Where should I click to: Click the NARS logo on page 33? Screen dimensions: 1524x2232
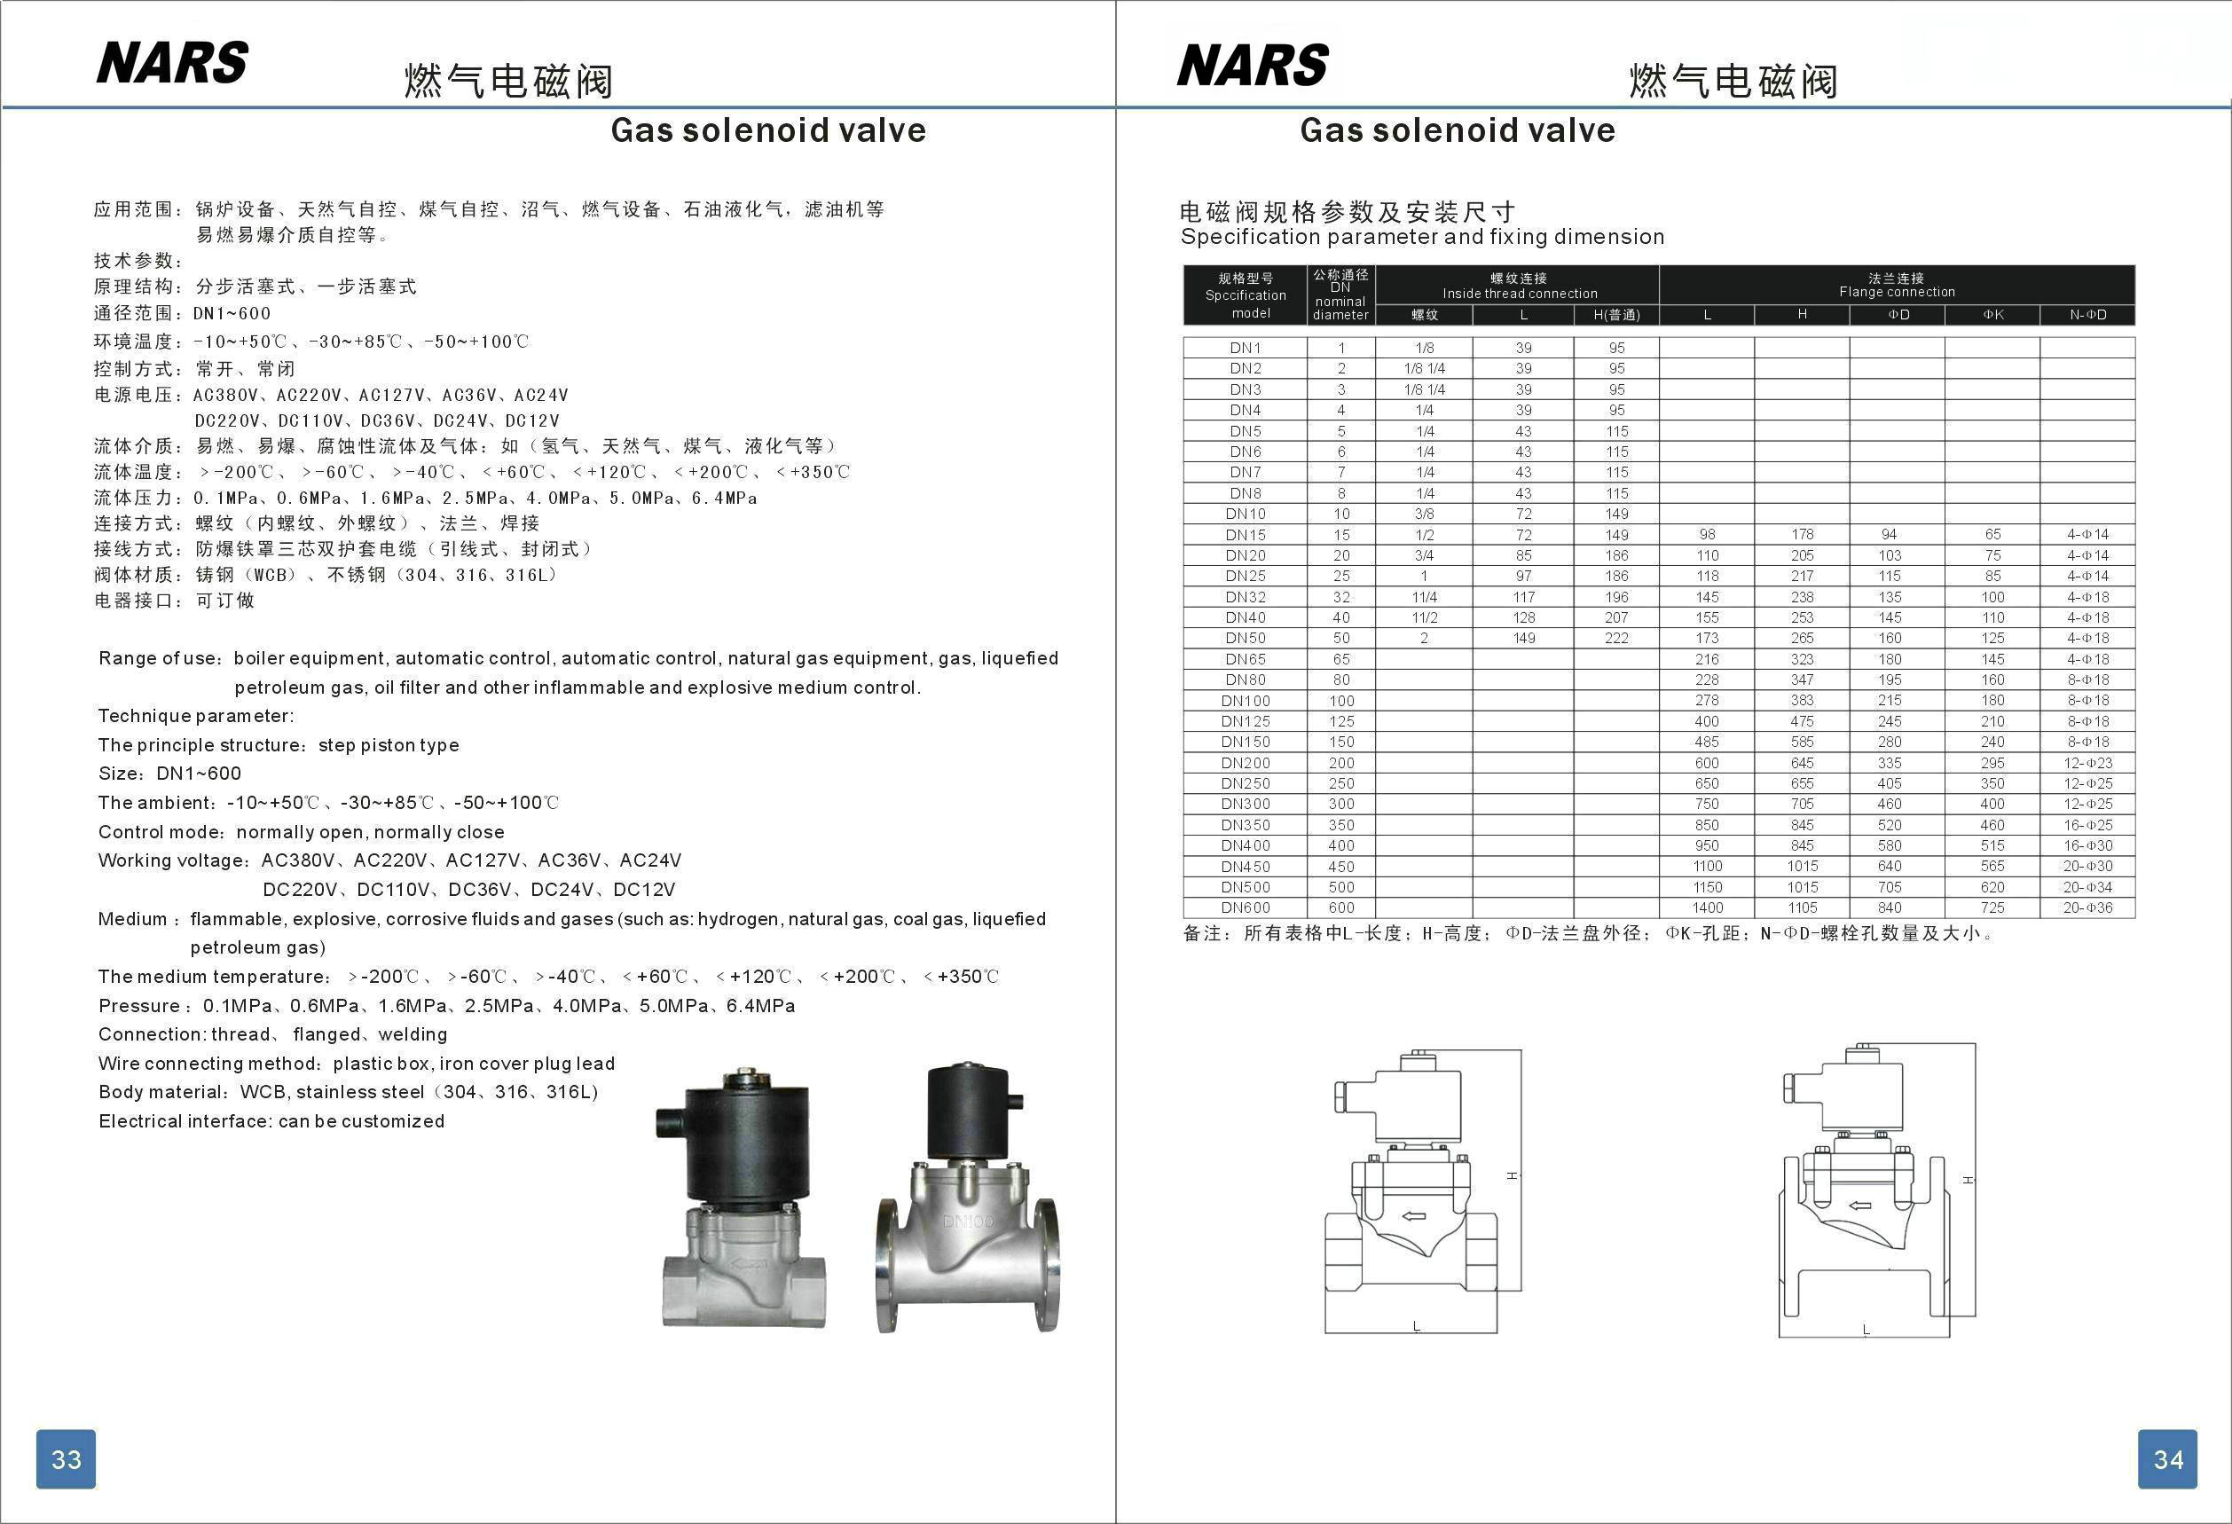(x=172, y=63)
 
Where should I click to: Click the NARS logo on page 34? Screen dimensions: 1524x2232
(x=1253, y=66)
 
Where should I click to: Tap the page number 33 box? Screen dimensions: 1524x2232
(x=67, y=1458)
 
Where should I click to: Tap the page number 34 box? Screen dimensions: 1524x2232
(x=2167, y=1458)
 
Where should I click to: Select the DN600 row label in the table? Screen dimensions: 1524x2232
(x=1245, y=907)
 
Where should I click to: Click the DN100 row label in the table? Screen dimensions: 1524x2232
(x=1245, y=700)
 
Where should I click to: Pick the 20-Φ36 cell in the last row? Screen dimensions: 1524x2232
(x=2087, y=907)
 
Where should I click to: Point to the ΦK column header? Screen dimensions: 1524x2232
(x=1992, y=315)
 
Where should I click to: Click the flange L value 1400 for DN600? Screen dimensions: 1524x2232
(x=1707, y=907)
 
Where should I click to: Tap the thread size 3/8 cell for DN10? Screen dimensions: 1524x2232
(x=1425, y=514)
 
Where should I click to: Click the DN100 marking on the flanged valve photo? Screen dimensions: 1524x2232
(x=967, y=1222)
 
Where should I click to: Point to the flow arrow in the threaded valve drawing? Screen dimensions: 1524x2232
(x=1413, y=1217)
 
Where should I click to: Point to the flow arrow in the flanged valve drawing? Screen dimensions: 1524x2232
(x=1860, y=1206)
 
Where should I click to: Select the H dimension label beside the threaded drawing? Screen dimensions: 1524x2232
(x=1511, y=1175)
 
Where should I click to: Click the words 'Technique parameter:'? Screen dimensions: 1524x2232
(x=196, y=717)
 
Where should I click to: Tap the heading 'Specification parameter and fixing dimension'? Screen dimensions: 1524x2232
(x=1421, y=237)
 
